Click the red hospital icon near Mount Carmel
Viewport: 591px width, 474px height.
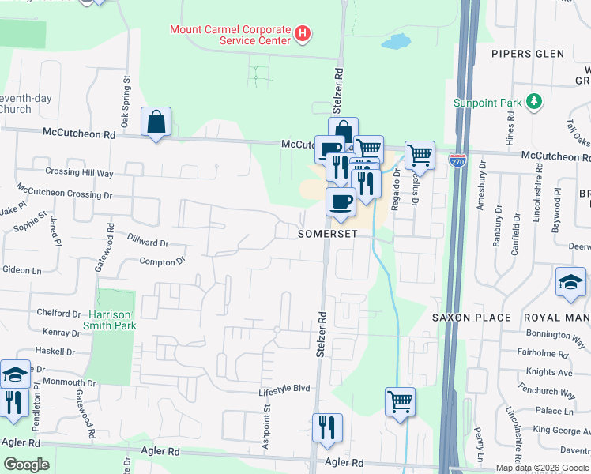[301, 34]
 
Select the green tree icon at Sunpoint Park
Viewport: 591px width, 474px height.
[535, 101]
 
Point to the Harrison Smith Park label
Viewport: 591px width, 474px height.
[110, 319]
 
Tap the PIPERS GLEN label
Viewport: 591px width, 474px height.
[528, 54]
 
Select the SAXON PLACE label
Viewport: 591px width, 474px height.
[471, 318]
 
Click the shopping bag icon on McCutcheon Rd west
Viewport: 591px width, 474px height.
[156, 122]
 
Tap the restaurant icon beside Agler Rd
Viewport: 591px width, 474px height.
[327, 428]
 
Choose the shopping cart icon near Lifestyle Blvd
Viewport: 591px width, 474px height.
[400, 401]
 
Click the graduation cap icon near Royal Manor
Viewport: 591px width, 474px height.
[570, 283]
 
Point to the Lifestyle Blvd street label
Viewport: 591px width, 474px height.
[284, 389]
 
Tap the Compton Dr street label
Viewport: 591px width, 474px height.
[162, 261]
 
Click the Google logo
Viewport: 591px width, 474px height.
[27, 465]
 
